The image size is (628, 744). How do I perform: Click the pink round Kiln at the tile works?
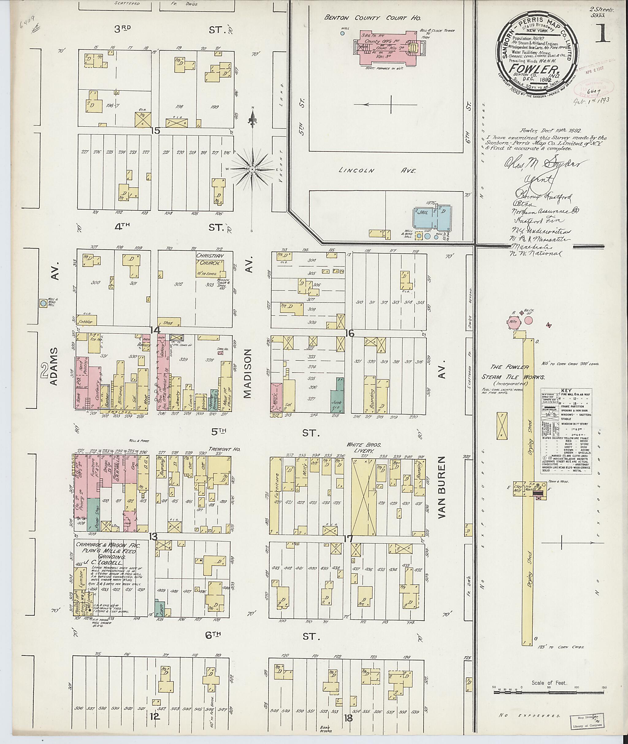513,321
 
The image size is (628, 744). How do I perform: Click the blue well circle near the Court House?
342,33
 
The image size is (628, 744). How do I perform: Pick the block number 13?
153,537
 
